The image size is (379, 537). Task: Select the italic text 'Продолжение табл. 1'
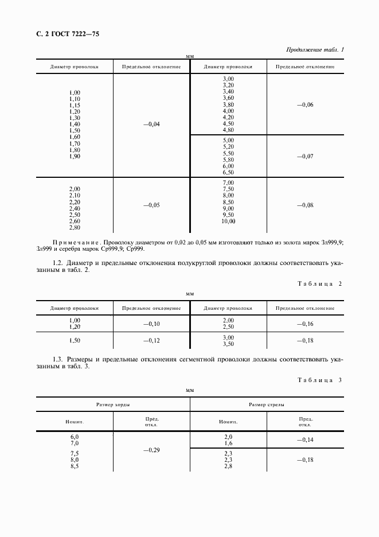coord(315,50)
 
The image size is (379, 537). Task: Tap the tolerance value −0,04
coord(151,124)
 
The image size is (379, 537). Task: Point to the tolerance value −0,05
coord(151,205)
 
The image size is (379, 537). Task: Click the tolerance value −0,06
coord(304,104)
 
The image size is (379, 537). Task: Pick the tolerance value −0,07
coord(304,156)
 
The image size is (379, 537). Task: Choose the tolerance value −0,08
coord(304,205)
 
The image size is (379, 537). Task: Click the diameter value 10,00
coord(228,221)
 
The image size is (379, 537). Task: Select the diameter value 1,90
coord(75,157)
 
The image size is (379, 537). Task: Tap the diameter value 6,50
coord(228,172)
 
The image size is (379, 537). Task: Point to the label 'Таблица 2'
coord(319,284)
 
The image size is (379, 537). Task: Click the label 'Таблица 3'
coord(319,380)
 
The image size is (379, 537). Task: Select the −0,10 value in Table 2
coord(151,324)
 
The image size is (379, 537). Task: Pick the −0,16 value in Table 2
coord(304,324)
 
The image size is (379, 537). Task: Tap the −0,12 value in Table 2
coord(151,341)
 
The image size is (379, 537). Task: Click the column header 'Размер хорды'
coord(113,404)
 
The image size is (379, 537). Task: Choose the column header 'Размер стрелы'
coord(266,404)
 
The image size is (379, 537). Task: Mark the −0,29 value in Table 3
coord(151,451)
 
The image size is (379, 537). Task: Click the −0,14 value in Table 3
coord(304,439)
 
